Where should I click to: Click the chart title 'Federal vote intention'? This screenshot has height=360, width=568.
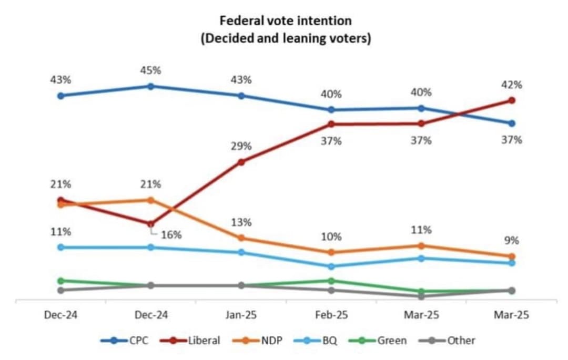(x=286, y=20)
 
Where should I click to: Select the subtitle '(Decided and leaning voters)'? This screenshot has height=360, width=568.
(x=286, y=38)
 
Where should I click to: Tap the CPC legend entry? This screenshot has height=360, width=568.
(x=125, y=341)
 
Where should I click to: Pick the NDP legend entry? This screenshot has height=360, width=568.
(x=257, y=341)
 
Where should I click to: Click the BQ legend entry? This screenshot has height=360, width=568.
(x=316, y=341)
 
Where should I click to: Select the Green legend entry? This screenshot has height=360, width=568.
(x=378, y=341)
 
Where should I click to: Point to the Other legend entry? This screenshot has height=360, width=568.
(x=447, y=341)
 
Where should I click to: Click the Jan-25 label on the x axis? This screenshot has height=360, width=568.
(x=241, y=315)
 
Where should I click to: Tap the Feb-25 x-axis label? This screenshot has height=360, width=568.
(x=331, y=315)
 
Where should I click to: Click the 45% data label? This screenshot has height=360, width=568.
(x=151, y=70)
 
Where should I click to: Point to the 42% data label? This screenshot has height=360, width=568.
(x=512, y=85)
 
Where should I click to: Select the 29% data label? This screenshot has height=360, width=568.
(x=241, y=146)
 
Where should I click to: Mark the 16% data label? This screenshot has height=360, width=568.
(x=171, y=235)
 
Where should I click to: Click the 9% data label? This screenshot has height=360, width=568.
(x=512, y=240)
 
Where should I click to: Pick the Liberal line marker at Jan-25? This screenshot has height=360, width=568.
(x=241, y=162)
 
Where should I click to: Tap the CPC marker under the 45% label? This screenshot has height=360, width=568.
(x=151, y=87)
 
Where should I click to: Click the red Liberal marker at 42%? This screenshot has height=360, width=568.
(x=512, y=100)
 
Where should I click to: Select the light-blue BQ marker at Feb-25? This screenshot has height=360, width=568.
(x=331, y=266)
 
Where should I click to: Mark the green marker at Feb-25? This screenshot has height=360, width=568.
(x=331, y=281)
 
